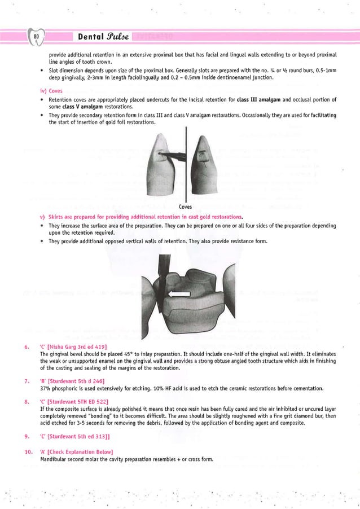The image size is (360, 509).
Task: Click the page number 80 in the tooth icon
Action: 36,37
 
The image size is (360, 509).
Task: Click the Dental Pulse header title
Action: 100,37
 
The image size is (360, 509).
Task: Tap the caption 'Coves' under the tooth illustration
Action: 185,207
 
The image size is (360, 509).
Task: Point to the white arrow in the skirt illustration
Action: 180,294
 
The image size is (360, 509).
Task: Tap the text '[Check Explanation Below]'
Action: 84,452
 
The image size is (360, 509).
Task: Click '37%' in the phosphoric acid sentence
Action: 46,388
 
